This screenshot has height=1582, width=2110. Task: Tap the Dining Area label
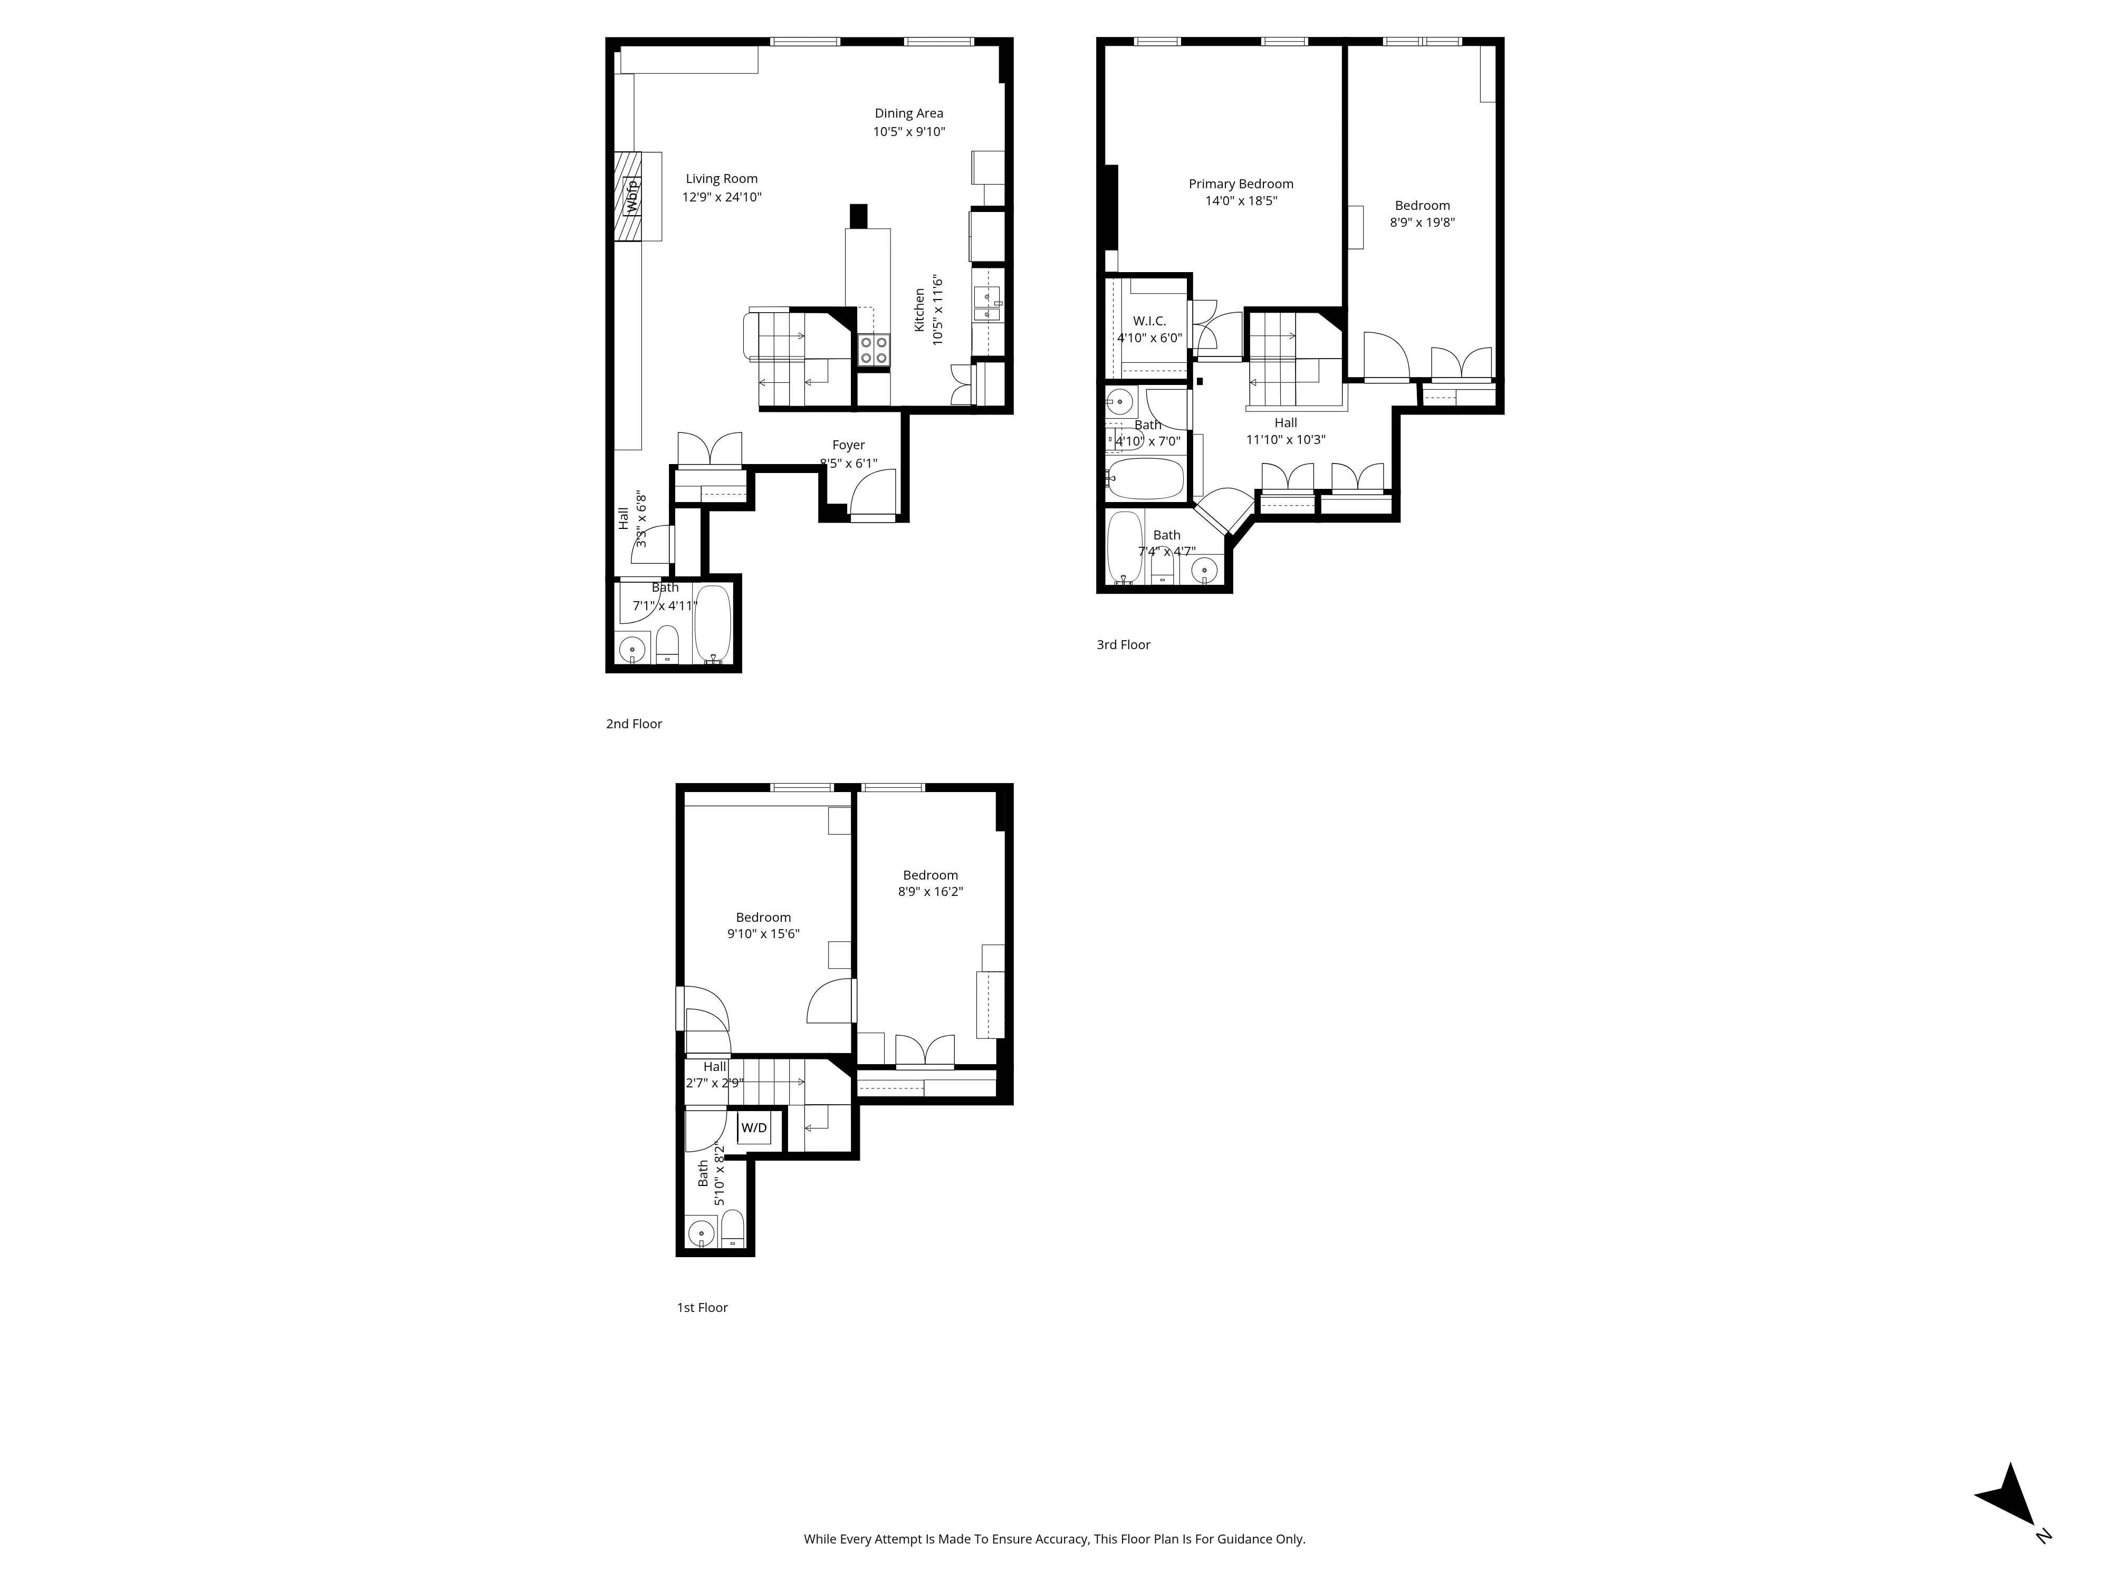click(x=908, y=113)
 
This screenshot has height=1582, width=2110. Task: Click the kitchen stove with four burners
click(x=873, y=350)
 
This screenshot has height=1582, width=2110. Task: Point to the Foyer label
click(x=848, y=445)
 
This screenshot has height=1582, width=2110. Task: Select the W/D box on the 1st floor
click(x=754, y=1128)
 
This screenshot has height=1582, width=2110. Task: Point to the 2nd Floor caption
click(x=634, y=724)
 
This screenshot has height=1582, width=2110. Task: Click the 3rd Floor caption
click(x=1123, y=644)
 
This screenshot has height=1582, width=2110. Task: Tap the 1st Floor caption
click(x=702, y=1307)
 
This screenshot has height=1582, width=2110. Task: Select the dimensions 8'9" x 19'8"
click(x=1422, y=222)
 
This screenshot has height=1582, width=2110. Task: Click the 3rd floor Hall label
click(x=1285, y=422)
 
